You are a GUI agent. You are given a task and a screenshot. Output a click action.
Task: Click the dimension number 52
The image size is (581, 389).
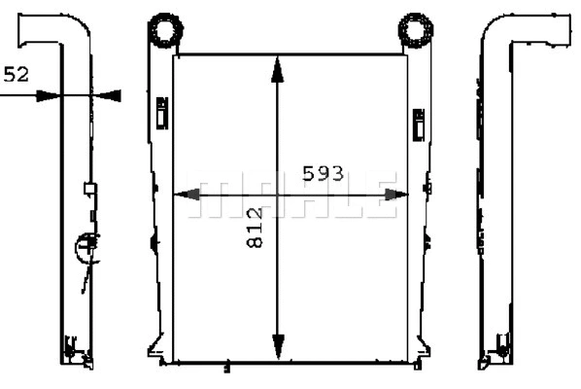pyautogui.click(x=17, y=74)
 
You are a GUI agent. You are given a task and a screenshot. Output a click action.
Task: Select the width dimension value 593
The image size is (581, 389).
pyautogui.click(x=323, y=173)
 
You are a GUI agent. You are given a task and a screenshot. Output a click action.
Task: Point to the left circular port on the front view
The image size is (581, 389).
pyautogui.click(x=164, y=30)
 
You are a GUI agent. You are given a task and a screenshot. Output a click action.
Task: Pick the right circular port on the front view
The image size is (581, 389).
pyautogui.click(x=416, y=30)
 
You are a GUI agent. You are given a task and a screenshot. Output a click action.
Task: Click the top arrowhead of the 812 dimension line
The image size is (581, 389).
pyautogui.click(x=279, y=66)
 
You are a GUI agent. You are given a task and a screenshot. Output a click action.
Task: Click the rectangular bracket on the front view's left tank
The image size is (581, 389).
pyautogui.click(x=161, y=111)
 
